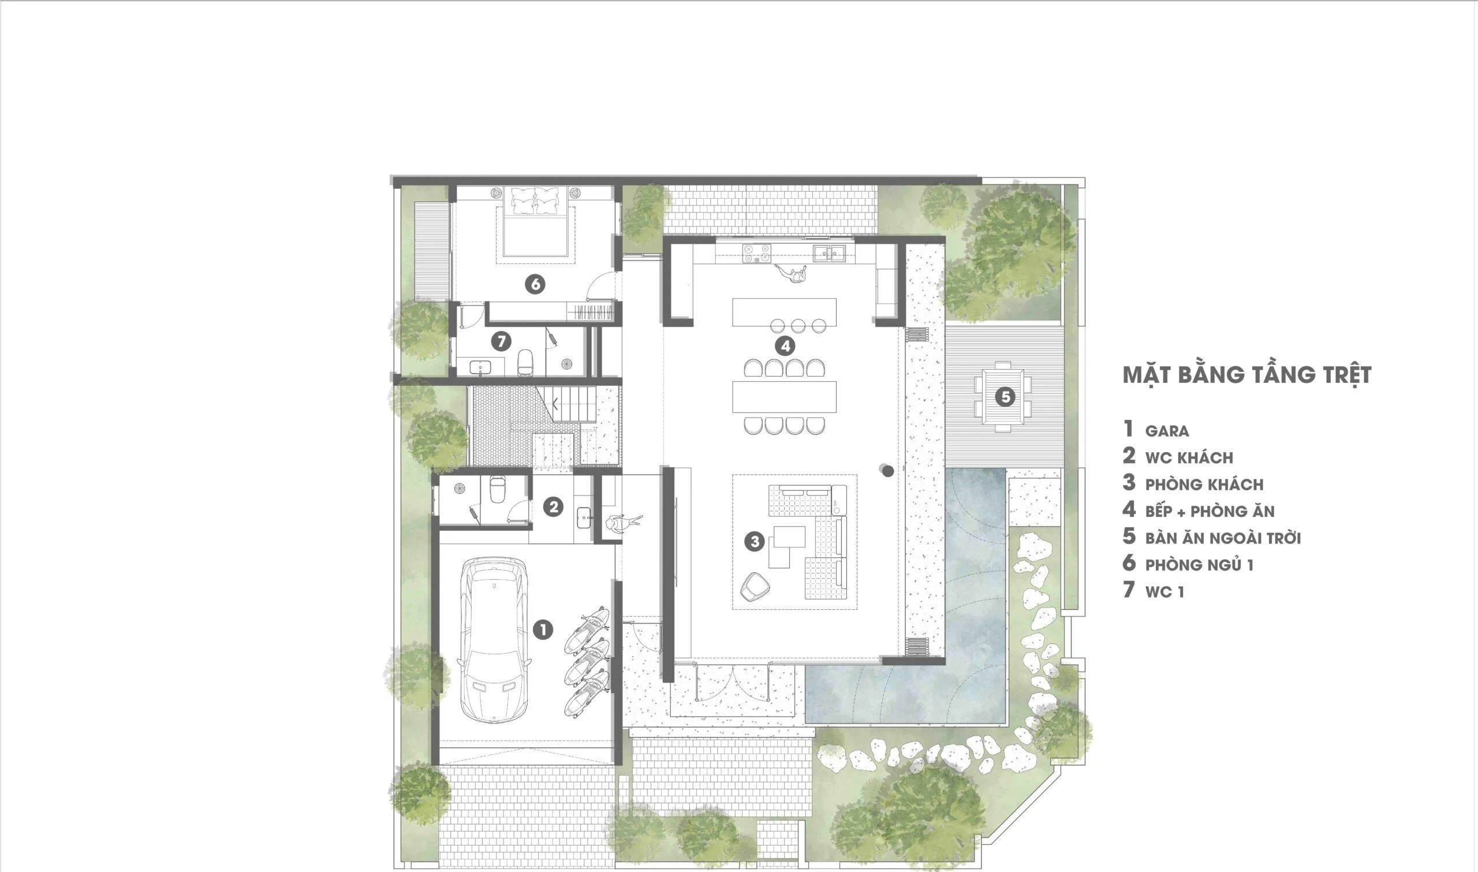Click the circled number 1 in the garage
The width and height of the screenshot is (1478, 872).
tap(543, 631)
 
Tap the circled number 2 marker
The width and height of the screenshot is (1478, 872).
tap(553, 506)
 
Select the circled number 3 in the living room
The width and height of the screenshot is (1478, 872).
tap(754, 541)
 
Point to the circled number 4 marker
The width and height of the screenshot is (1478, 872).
tap(785, 346)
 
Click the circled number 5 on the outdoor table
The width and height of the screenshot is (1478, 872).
tap(1005, 397)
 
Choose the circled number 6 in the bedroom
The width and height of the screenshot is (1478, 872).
tap(535, 284)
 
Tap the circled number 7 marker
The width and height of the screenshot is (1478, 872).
tap(501, 341)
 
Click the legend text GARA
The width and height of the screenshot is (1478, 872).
tap(1167, 431)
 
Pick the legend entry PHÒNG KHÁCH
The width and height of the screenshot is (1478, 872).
tap(1204, 485)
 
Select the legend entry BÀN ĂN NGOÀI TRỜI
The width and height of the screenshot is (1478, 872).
tap(1223, 538)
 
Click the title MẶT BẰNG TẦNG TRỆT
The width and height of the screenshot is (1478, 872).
tap(1246, 374)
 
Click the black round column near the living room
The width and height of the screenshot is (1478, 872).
tap(887, 471)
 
